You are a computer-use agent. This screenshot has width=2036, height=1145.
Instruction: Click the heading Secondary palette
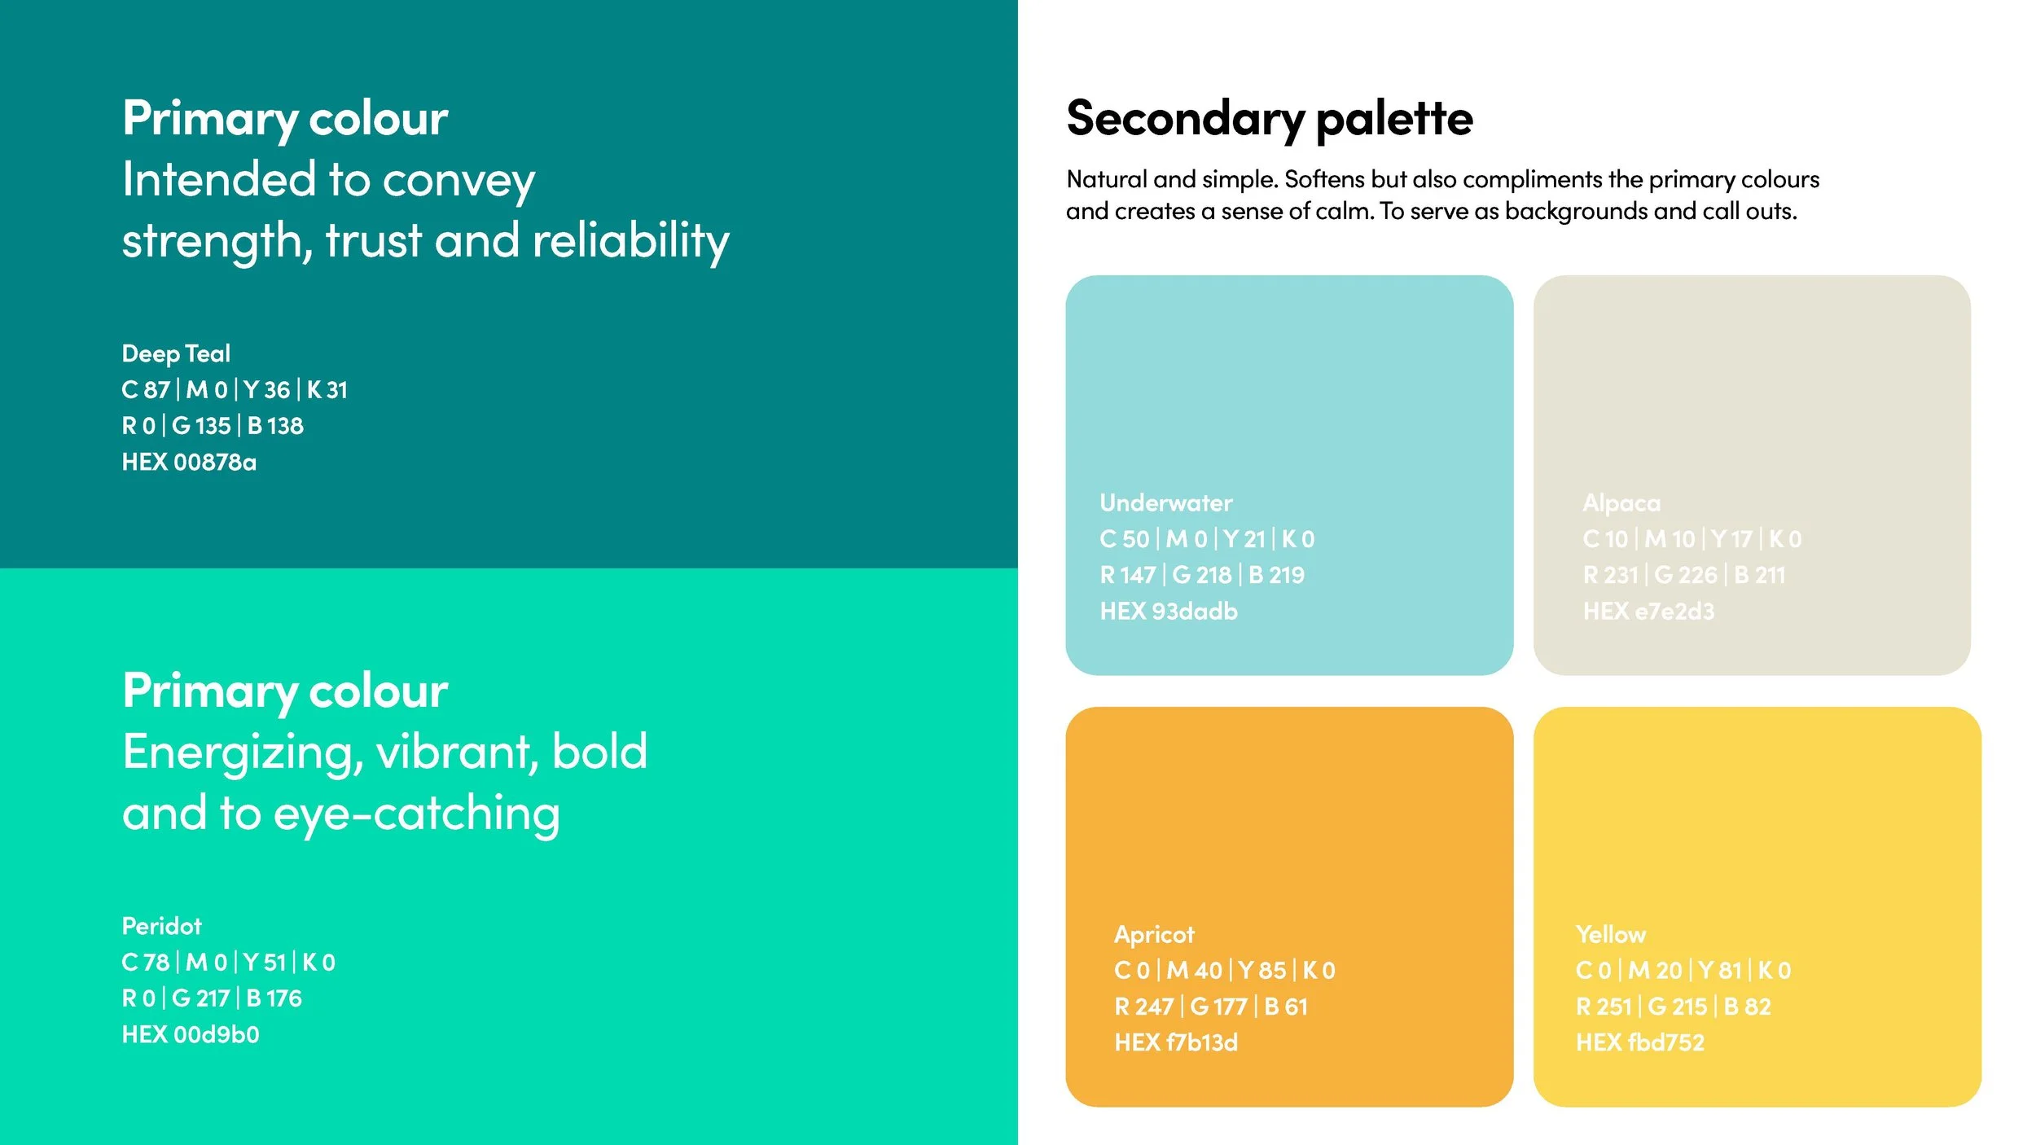1269,119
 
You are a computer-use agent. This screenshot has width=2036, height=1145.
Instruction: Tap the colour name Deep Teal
176,353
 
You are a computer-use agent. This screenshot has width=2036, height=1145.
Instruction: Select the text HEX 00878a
189,463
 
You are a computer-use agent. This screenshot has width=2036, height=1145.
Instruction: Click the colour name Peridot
161,926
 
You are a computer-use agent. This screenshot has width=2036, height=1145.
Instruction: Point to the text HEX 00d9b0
191,1035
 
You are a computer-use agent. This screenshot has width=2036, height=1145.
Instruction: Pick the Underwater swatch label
1165,503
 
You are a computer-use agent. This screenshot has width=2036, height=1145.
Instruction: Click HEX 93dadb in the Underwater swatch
1168,612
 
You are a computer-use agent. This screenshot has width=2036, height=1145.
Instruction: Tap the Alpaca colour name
1621,503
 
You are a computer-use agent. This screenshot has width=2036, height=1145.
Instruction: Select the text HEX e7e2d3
1648,612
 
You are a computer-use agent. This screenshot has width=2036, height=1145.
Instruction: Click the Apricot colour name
1154,935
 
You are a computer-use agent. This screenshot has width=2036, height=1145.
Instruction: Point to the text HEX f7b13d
1175,1043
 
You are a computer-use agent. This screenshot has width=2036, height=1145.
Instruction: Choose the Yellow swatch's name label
1610,935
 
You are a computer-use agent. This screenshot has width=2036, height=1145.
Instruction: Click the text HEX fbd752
1639,1043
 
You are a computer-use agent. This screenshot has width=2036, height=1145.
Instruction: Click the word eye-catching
416,814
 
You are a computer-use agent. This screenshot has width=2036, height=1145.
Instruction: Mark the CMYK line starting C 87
235,390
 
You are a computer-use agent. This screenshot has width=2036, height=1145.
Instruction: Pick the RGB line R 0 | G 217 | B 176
212,998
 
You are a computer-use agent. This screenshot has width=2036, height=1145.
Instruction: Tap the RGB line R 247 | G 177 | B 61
1210,1007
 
